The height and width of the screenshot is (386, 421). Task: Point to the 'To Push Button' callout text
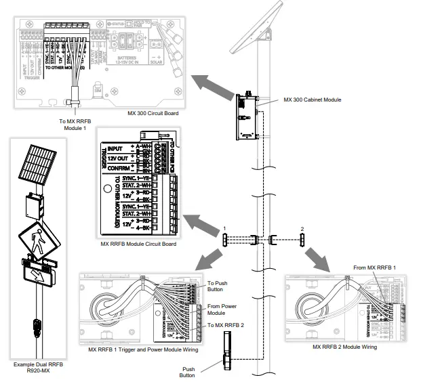click(x=218, y=287)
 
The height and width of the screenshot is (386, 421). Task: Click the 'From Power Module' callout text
click(x=221, y=309)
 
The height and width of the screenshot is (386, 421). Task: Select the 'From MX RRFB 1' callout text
click(x=374, y=269)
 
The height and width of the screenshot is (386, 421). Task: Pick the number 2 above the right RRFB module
click(x=303, y=228)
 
